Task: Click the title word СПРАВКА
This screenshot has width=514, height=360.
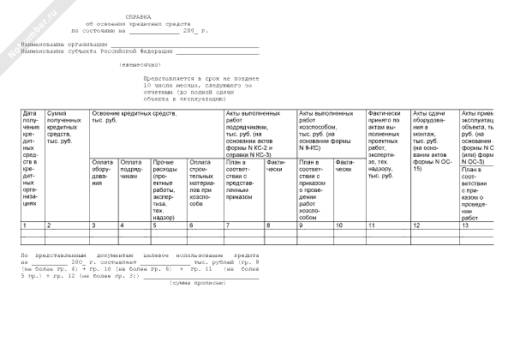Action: (x=138, y=15)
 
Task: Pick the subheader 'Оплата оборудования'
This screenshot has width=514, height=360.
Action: (x=103, y=172)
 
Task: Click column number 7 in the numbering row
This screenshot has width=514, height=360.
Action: (x=227, y=225)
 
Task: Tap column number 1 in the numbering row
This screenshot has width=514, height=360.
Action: (x=25, y=225)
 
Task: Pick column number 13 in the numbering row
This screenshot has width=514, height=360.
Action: (x=465, y=225)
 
